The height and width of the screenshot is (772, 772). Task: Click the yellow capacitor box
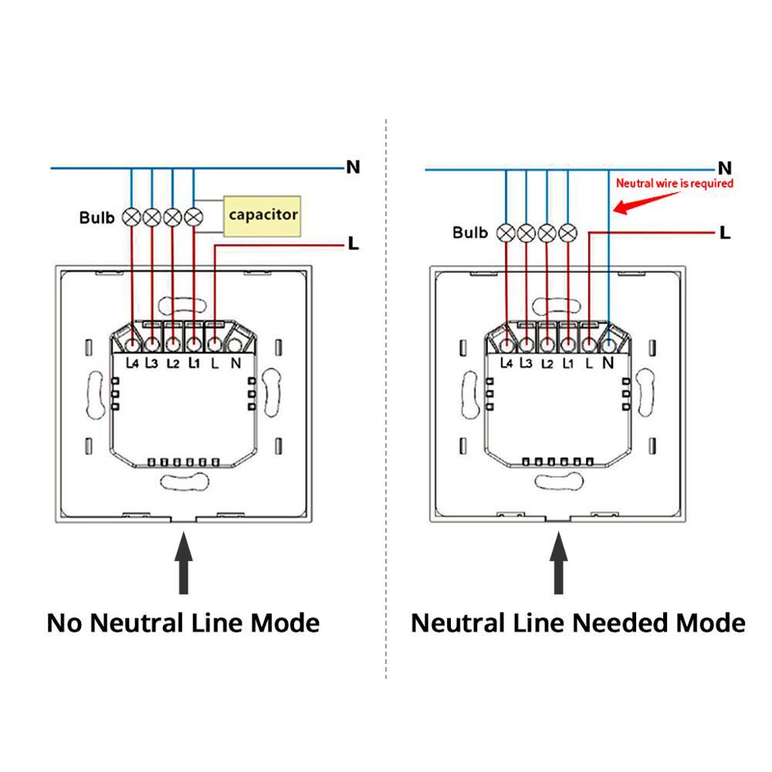coord(262,215)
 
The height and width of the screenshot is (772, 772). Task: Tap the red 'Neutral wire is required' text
coord(674,184)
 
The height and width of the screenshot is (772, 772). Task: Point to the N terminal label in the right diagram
coord(608,361)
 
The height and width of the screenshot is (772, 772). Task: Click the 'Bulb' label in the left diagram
coord(96,217)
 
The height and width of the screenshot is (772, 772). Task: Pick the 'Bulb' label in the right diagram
coord(470,232)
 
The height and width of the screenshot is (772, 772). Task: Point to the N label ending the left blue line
coord(353,167)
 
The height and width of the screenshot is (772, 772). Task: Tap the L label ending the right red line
coord(725,232)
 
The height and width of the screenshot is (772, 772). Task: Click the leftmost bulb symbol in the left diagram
coord(132,217)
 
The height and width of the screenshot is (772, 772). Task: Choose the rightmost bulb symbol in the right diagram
coord(568,232)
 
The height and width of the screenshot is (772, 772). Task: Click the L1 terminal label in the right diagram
coord(568,362)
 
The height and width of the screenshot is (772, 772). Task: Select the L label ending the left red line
coord(354,244)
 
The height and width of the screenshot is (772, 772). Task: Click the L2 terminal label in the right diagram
coord(547,362)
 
